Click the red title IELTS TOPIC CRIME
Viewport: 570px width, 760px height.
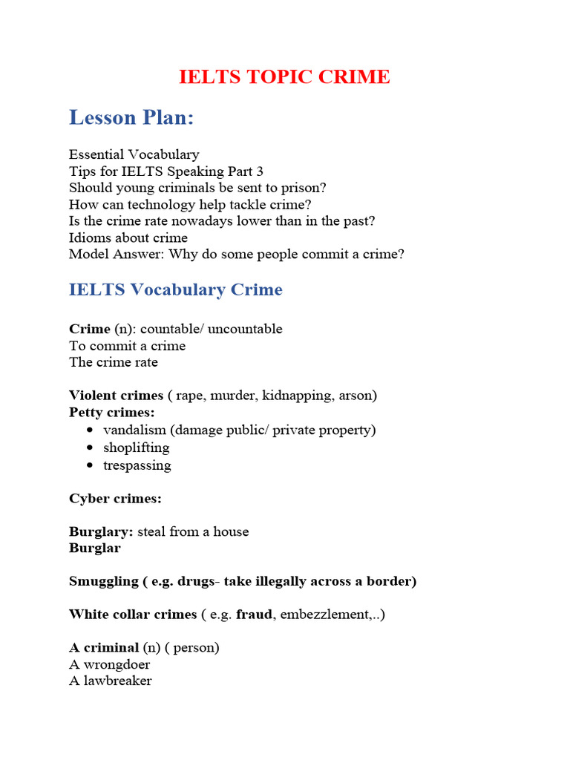[284, 76]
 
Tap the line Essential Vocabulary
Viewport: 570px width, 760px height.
[134, 154]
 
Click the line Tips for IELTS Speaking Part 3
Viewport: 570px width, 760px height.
[166, 171]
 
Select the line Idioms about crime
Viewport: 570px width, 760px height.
[128, 237]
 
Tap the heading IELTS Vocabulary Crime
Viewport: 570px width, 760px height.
[175, 289]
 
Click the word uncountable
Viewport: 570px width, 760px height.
[245, 329]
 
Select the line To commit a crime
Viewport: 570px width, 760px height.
[127, 346]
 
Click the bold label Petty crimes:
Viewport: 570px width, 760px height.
[112, 412]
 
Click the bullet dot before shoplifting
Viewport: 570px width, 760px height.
[90, 448]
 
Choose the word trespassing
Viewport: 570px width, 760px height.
[137, 465]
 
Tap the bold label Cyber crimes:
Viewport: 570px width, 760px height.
[115, 499]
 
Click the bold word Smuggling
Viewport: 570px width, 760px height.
[103, 581]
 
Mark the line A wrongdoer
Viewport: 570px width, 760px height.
[109, 664]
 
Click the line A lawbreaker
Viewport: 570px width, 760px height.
[110, 681]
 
